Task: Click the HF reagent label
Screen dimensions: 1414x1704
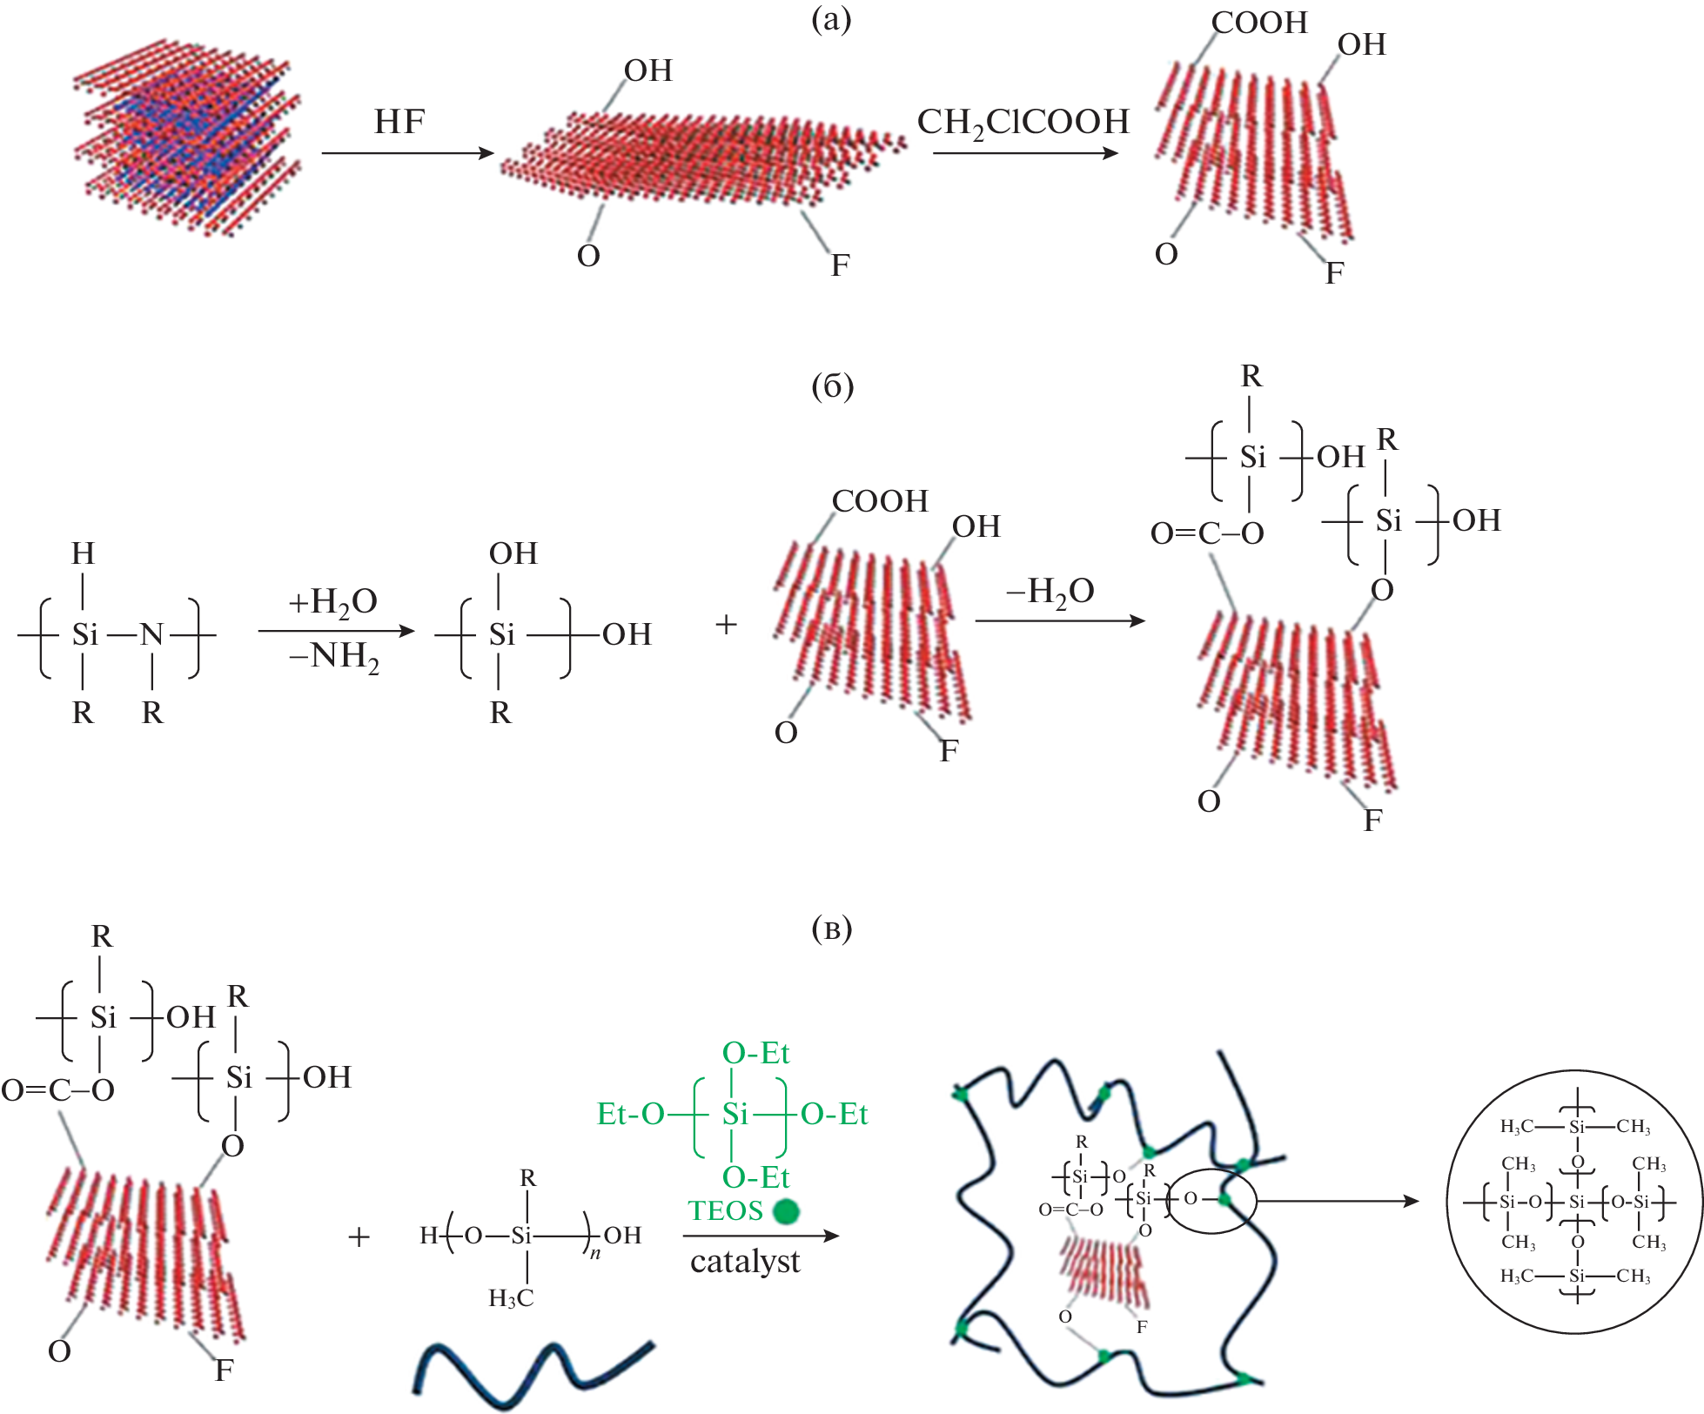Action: click(x=399, y=122)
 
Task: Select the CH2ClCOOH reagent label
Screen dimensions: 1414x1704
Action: click(x=1023, y=123)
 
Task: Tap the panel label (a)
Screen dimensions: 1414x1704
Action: click(x=830, y=19)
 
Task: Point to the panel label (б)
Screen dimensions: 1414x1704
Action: click(x=832, y=386)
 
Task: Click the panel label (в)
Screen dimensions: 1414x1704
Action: click(x=831, y=928)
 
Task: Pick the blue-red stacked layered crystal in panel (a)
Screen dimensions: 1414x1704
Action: click(x=187, y=135)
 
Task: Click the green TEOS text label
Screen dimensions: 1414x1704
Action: click(x=725, y=1210)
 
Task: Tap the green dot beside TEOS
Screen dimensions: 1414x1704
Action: click(x=786, y=1211)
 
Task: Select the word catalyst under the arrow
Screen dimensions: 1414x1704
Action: click(x=745, y=1261)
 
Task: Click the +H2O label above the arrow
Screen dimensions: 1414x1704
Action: click(x=332, y=601)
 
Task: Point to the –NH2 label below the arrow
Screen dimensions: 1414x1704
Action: click(x=333, y=655)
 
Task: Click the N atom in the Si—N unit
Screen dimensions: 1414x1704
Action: click(x=152, y=634)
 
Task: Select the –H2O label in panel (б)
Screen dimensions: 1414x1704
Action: click(x=1050, y=592)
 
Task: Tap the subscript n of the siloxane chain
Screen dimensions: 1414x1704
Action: click(x=595, y=1254)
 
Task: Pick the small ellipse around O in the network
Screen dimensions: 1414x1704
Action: click(x=1211, y=1201)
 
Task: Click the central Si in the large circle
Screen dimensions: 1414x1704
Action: click(x=1576, y=1203)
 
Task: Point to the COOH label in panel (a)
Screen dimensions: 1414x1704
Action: click(x=1259, y=23)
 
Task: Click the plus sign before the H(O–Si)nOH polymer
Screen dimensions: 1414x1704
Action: click(x=359, y=1236)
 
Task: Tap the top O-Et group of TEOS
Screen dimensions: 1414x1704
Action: click(x=755, y=1054)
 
